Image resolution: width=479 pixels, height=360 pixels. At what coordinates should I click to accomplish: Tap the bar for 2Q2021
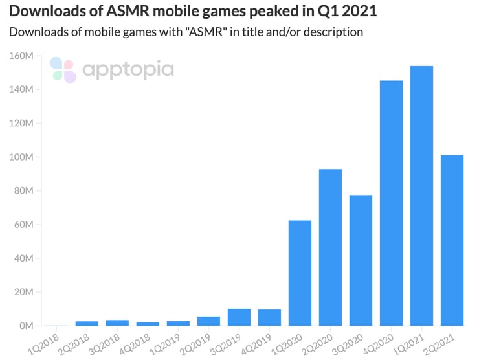(452, 240)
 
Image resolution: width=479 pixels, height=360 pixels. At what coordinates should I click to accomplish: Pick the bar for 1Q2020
(300, 273)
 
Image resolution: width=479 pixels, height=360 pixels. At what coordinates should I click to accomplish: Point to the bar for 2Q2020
(330, 247)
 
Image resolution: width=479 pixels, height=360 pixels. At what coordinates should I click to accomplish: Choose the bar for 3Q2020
(361, 260)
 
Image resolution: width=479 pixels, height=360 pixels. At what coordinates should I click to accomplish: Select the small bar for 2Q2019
(208, 321)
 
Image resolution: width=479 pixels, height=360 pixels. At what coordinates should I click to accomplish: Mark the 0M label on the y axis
(26, 326)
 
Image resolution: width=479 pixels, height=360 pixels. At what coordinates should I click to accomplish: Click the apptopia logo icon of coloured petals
(63, 70)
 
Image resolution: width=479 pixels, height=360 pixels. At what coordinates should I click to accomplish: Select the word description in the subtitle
(330, 31)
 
